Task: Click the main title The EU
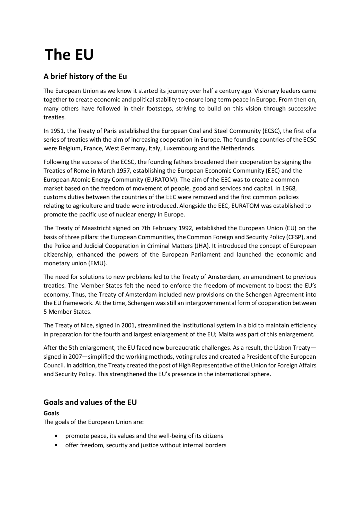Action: click(x=69, y=55)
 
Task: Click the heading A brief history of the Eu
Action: click(x=85, y=76)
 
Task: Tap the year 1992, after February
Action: click(x=186, y=228)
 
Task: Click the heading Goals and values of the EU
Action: click(x=90, y=402)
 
